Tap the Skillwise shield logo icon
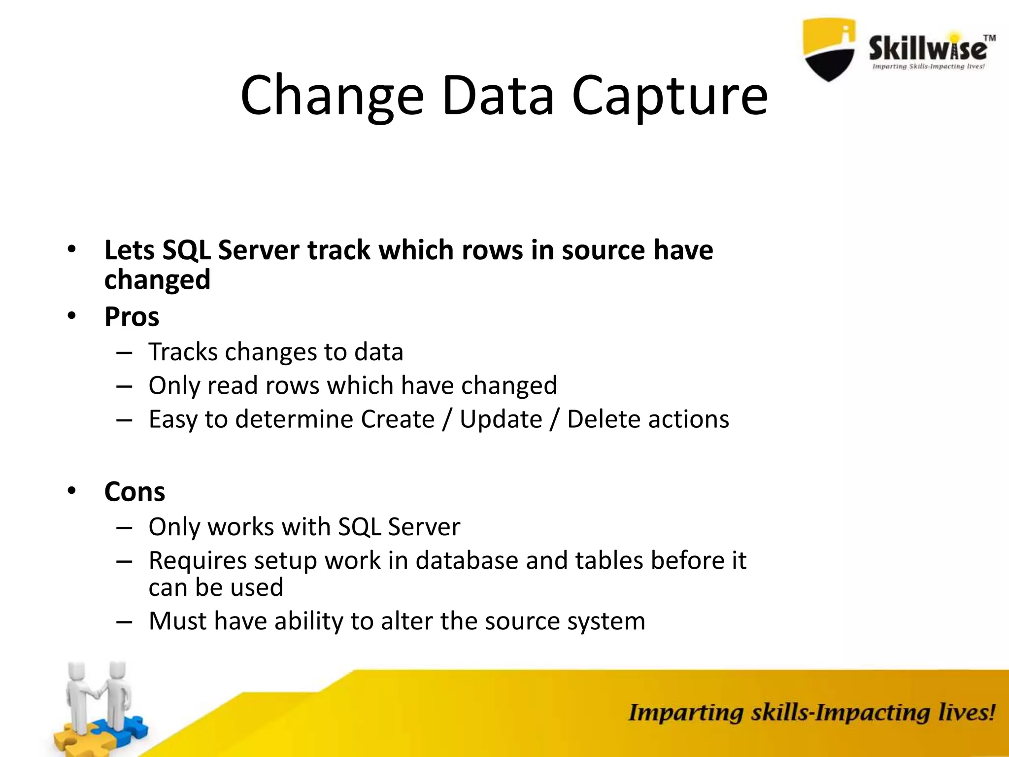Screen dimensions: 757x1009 coord(829,49)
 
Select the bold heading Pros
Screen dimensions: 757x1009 coord(132,316)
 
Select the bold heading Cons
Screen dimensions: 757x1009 coord(135,491)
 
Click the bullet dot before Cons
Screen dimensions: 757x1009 coord(72,490)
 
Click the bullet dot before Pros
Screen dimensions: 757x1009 coord(72,315)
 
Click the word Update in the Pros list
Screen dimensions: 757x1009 coord(501,419)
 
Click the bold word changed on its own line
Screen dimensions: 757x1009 coord(157,280)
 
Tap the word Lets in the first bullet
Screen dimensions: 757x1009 coord(130,250)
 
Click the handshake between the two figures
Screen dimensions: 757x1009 coord(98,692)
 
